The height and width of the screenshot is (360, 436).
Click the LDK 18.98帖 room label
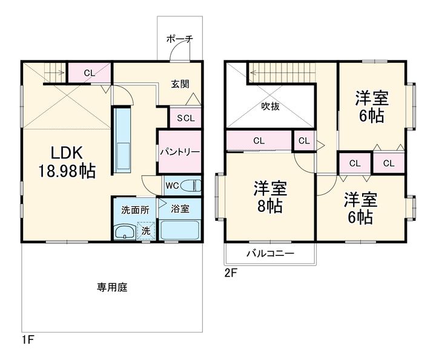[x=67, y=162]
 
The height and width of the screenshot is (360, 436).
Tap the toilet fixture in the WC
[x=191, y=185]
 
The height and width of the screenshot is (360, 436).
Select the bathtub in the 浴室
[x=180, y=230]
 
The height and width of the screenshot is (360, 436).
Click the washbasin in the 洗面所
[x=125, y=232]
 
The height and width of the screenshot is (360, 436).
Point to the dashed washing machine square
[x=146, y=231]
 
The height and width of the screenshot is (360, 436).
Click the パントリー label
[x=180, y=152]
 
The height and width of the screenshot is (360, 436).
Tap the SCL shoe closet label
[x=186, y=119]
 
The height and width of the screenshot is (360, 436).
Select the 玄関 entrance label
[x=180, y=84]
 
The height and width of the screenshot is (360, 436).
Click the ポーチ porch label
[x=180, y=39]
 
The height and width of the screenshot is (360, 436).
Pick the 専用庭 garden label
[x=112, y=287]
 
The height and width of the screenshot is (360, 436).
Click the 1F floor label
[x=28, y=339]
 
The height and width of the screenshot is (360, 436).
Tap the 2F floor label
[x=231, y=273]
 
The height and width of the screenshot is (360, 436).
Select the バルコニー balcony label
[x=270, y=254]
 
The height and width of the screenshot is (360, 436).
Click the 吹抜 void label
[x=270, y=106]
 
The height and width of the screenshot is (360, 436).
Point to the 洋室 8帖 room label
[x=270, y=197]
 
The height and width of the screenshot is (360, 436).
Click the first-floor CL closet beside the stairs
[x=90, y=73]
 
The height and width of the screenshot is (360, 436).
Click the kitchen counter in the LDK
[x=122, y=142]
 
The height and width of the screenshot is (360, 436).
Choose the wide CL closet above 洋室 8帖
[x=259, y=140]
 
